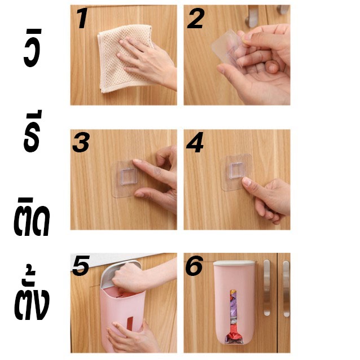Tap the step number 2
pyautogui.click(x=196, y=19)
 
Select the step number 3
pyautogui.click(x=81, y=143)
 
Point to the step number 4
pyautogui.click(x=195, y=142)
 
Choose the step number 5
pyautogui.click(x=81, y=266)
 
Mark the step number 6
pyautogui.click(x=194, y=266)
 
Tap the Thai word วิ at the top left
pyautogui.click(x=33, y=48)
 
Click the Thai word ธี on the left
pyautogui.click(x=33, y=131)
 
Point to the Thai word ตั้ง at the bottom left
pyautogui.click(x=32, y=296)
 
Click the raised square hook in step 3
pyautogui.click(x=129, y=176)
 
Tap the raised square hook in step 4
pyautogui.click(x=236, y=170)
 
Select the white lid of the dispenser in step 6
pyautogui.click(x=234, y=263)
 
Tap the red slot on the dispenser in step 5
pyautogui.click(x=130, y=324)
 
